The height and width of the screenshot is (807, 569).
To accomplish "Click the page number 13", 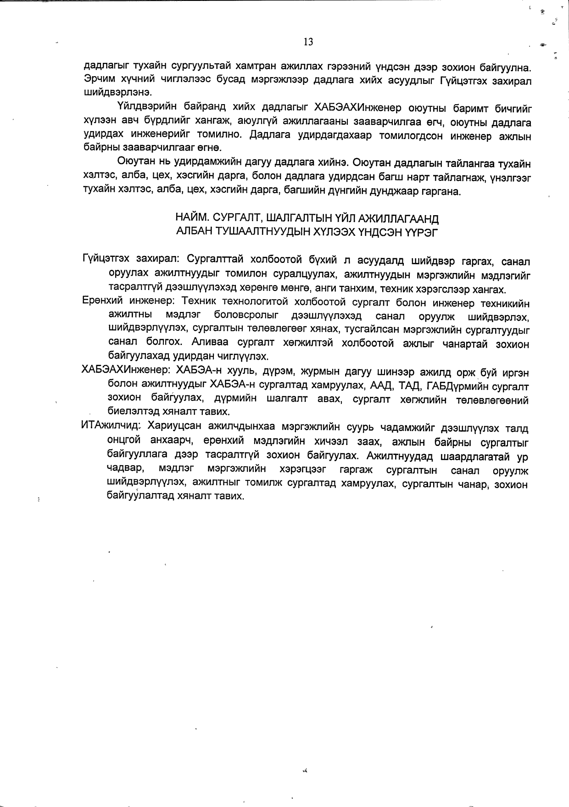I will (x=308, y=42).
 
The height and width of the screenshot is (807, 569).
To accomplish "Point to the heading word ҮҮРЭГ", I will (x=422, y=232).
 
